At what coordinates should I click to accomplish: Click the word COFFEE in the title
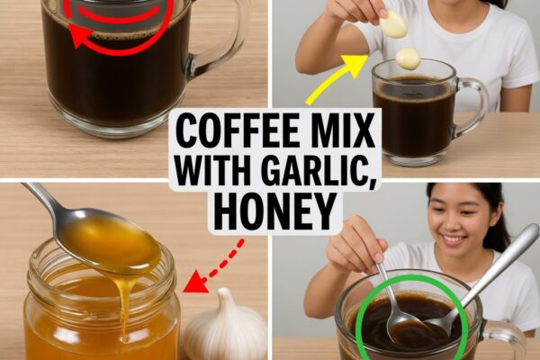[238, 131]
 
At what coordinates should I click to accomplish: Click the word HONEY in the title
[274, 211]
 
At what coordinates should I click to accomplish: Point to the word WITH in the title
[214, 170]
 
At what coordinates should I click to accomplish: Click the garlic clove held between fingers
[393, 23]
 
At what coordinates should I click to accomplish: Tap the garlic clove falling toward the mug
[408, 58]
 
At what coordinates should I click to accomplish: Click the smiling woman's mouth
[454, 238]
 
